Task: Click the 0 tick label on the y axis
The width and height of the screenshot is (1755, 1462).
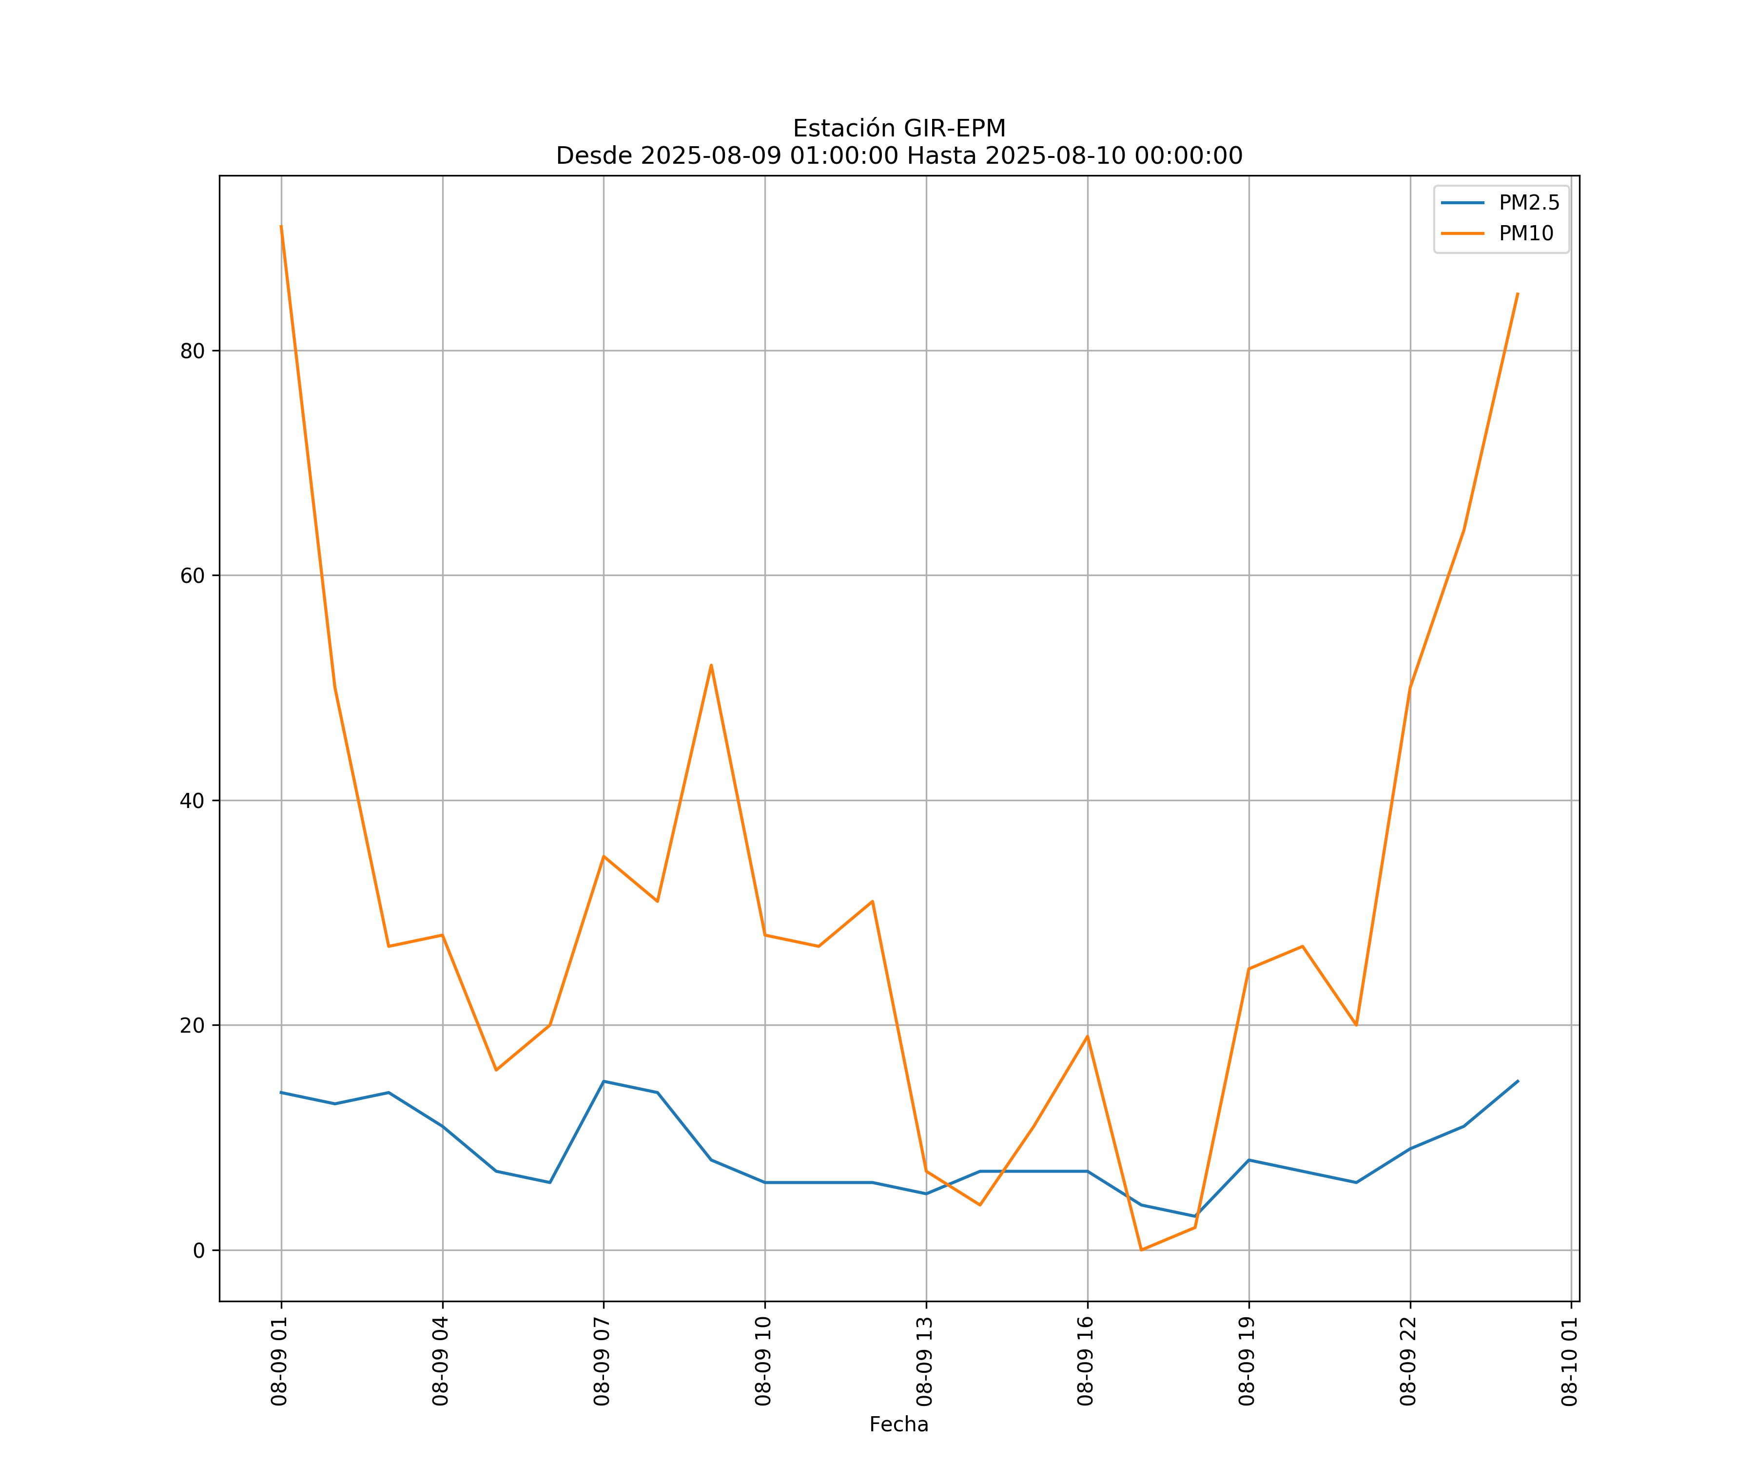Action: click(199, 1250)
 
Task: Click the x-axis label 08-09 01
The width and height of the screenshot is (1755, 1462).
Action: click(279, 1361)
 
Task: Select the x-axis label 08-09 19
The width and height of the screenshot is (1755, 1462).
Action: click(1247, 1361)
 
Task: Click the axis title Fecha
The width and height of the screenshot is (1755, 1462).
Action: click(898, 1424)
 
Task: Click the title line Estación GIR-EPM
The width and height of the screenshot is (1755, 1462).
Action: click(898, 129)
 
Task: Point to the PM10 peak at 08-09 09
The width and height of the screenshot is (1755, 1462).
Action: click(711, 665)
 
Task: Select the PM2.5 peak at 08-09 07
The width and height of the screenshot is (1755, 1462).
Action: click(604, 1081)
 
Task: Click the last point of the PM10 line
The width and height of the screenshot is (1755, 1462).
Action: click(1518, 293)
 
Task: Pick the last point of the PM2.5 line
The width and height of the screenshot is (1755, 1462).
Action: click(1518, 1081)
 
